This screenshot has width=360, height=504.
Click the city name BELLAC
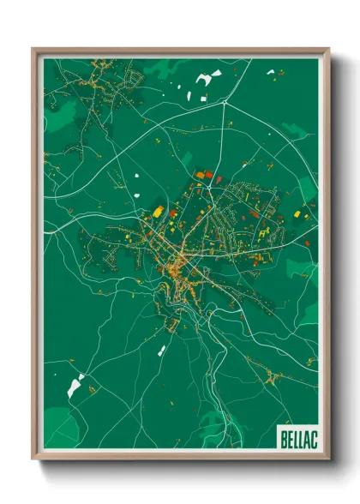pos(297,440)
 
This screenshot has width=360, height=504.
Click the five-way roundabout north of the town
pos(224,102)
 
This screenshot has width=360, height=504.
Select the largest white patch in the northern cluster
pos(204,79)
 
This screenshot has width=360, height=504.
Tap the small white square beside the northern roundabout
pos(205,96)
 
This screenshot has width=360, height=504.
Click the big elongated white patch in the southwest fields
pos(75,385)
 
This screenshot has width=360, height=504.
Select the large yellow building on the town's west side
pos(159,210)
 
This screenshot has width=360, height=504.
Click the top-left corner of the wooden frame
pos(34,50)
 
